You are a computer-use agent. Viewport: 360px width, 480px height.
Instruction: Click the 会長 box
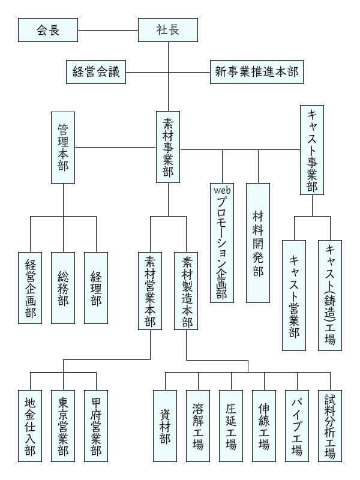48,30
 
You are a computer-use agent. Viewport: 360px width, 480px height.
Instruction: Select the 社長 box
168,30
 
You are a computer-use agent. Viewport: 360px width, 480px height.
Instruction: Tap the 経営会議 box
96,73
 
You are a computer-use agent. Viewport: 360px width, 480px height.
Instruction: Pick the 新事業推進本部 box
256,73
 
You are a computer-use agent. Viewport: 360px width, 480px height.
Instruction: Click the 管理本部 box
63,147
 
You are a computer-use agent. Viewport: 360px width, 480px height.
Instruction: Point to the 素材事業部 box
168,147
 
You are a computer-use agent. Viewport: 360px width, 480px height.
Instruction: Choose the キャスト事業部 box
312,150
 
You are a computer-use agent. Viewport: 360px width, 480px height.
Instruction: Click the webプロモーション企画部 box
222,242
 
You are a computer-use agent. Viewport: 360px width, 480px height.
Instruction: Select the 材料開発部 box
258,242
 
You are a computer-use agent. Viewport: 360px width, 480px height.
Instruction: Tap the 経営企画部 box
30,288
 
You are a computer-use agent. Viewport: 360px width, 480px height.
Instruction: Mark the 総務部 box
63,288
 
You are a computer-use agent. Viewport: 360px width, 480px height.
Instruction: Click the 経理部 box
96,288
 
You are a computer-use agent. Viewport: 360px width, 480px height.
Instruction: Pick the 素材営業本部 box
150,291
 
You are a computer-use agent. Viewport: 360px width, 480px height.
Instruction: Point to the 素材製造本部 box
186,291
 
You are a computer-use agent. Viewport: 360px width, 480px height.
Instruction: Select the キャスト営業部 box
294,295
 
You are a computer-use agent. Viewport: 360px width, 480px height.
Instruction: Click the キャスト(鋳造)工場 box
330,295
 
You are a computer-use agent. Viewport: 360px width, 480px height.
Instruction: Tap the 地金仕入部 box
30,425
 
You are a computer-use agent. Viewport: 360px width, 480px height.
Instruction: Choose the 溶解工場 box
198,425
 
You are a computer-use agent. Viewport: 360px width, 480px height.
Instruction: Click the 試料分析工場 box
330,425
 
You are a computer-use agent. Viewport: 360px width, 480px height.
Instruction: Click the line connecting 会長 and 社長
108,30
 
